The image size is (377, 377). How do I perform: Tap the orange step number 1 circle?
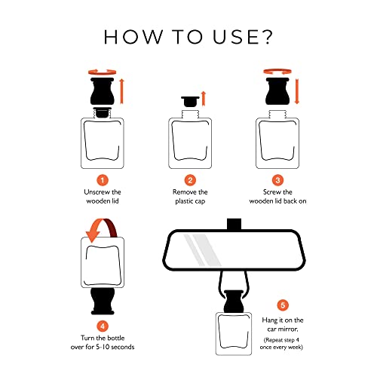[x=103, y=179]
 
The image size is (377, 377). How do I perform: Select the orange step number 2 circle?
[x=190, y=179]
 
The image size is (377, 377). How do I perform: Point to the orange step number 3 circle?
[x=278, y=179]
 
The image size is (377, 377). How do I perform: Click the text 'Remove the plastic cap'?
[x=190, y=197]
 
